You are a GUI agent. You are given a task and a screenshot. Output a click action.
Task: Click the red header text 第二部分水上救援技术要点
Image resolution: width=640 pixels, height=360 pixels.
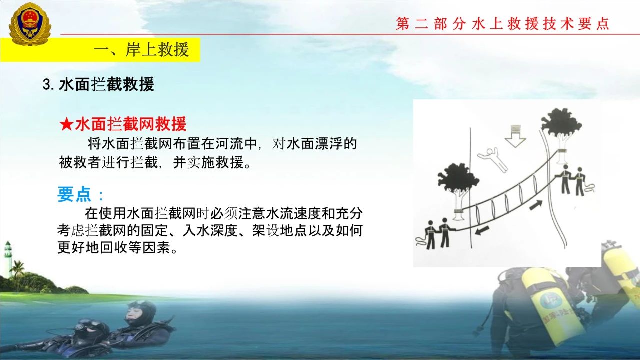tap(503, 23)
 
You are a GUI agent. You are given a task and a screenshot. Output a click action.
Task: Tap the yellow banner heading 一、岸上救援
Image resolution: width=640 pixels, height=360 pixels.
tap(141, 50)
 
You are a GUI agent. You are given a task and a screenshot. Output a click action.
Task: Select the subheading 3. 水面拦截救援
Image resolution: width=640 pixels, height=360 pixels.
tap(98, 84)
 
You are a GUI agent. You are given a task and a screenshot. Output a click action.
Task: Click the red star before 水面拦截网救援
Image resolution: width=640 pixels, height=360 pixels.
tap(66, 125)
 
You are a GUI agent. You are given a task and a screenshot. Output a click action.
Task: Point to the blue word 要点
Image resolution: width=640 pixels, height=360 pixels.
tap(74, 194)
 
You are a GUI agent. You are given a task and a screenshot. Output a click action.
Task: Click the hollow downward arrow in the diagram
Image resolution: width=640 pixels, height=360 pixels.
tap(515, 136)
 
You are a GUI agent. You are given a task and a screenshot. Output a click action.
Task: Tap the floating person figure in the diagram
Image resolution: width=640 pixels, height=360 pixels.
tap(493, 159)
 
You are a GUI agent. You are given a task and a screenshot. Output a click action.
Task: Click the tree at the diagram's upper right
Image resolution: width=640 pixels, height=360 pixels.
tap(561, 134)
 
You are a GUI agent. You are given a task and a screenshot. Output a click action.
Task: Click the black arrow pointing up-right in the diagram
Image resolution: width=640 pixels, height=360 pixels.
tap(536, 205)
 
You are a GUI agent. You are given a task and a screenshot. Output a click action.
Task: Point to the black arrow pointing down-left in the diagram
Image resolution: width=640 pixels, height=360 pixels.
tap(482, 230)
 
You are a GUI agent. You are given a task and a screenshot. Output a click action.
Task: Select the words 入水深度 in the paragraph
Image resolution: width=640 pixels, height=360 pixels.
tap(210, 230)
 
